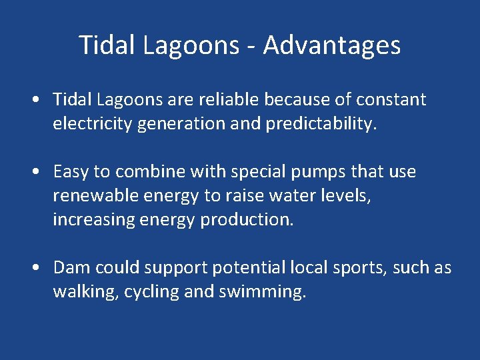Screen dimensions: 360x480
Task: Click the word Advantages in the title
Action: click(x=332, y=45)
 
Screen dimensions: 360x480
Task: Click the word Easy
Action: click(x=71, y=172)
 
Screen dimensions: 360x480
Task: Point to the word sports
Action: click(x=363, y=268)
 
